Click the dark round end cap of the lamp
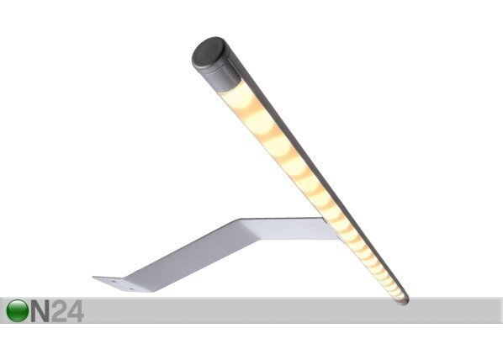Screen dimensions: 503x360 (208, 52)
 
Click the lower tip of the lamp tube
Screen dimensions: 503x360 (405, 302)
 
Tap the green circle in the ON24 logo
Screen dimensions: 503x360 (17, 310)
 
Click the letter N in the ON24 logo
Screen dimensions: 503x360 (40, 311)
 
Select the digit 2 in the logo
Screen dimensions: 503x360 (59, 311)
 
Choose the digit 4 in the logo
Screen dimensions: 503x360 (75, 311)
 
